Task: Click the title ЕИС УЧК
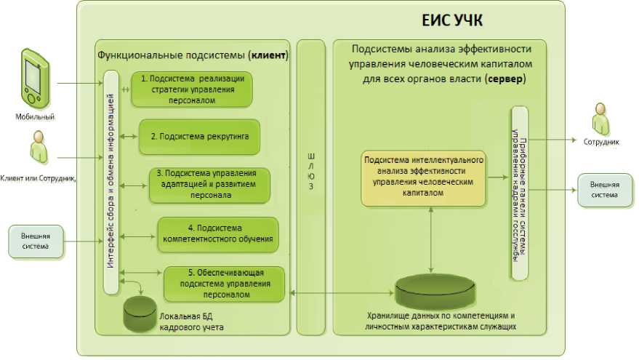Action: click(452, 20)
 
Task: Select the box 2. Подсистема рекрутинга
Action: click(198, 137)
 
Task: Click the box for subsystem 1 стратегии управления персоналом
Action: click(192, 89)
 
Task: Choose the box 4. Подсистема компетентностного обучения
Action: click(217, 233)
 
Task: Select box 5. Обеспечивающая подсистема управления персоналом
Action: click(222, 284)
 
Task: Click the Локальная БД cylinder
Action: click(140, 312)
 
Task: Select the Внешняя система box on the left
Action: click(35, 242)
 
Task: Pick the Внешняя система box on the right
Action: click(604, 191)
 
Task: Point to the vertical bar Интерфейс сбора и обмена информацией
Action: click(111, 182)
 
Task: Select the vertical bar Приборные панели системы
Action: click(519, 192)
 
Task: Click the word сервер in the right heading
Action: click(505, 79)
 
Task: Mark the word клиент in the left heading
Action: click(268, 55)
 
